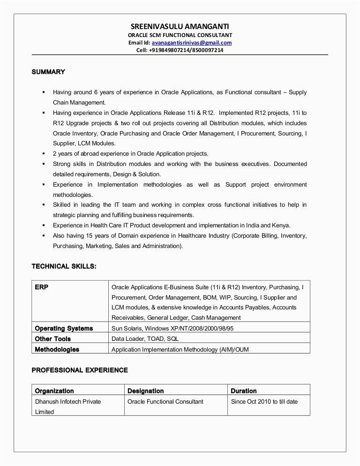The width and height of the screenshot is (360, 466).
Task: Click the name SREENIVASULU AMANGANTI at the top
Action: [180, 27]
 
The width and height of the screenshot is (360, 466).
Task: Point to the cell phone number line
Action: [180, 51]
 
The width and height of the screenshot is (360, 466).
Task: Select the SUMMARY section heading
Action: [48, 72]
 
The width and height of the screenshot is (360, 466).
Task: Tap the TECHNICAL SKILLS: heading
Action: [64, 266]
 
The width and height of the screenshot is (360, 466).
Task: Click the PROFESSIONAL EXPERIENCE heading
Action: [79, 370]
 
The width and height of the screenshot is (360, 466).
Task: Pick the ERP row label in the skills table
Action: [42, 287]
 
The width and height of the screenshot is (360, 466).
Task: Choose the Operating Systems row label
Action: [64, 329]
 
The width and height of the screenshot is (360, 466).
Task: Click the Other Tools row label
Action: [53, 338]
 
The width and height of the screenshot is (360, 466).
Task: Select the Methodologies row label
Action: [57, 349]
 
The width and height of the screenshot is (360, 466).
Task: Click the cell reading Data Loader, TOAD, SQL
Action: [144, 338]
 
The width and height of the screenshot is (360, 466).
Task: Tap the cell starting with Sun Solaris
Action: [172, 329]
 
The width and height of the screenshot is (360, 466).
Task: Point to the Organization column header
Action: [54, 391]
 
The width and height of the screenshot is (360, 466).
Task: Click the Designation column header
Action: [145, 391]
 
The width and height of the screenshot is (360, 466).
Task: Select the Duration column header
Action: [243, 391]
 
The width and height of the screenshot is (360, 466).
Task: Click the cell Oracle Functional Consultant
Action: [165, 401]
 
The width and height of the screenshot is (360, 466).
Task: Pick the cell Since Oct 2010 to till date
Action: [264, 401]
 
